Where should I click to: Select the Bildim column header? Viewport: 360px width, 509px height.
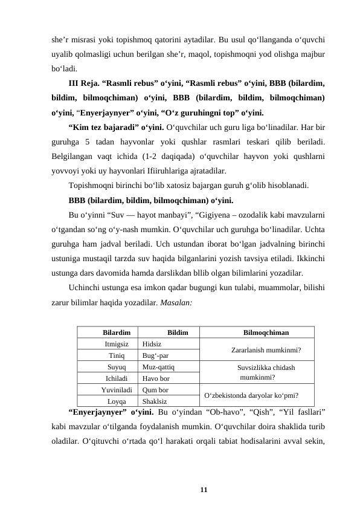click(178, 332)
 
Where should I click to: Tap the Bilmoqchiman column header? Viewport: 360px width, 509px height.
click(265, 332)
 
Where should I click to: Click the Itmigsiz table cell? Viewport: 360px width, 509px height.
click(117, 343)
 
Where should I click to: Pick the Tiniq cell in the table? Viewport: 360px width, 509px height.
click(117, 355)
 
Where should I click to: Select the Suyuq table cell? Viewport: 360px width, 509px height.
click(117, 367)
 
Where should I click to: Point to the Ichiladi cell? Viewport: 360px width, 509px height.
click(117, 378)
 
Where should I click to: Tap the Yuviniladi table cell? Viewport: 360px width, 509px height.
click(117, 389)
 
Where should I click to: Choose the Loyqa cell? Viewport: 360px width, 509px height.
click(117, 401)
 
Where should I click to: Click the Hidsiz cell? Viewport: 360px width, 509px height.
click(152, 343)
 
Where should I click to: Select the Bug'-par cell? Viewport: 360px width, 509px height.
click(155, 355)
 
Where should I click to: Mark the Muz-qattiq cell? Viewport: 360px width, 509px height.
click(159, 367)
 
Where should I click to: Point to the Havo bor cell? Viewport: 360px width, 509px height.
click(156, 378)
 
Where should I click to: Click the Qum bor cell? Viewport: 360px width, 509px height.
click(155, 389)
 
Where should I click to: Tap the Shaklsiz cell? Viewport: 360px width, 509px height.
click(155, 401)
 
